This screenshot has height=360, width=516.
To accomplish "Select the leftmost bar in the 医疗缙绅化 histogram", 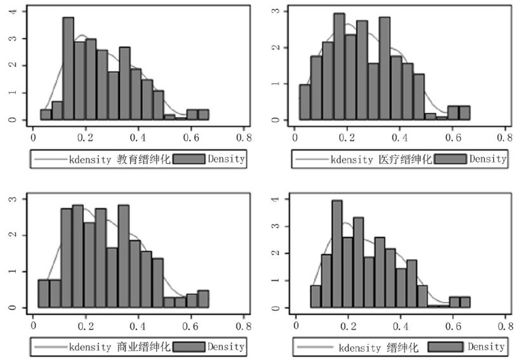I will (x=305, y=102).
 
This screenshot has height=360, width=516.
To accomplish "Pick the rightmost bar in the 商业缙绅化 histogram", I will (x=203, y=299).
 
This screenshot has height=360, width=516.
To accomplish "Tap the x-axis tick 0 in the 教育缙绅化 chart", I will (x=34, y=136).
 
